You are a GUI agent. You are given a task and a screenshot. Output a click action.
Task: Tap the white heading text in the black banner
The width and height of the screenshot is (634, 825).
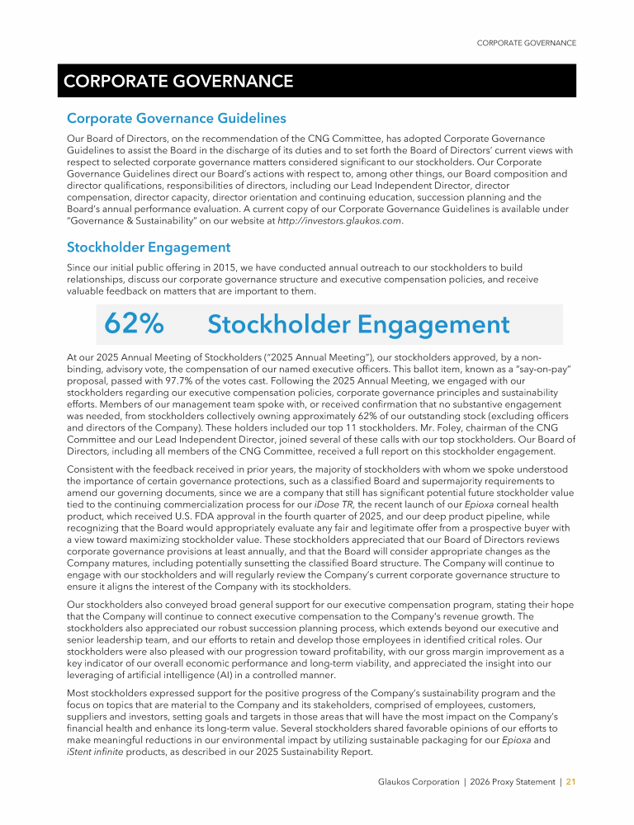click(x=177, y=81)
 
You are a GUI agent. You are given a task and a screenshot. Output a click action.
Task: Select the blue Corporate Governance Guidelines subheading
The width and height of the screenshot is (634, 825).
click(x=176, y=119)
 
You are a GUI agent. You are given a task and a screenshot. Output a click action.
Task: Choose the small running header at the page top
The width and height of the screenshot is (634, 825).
click(x=527, y=43)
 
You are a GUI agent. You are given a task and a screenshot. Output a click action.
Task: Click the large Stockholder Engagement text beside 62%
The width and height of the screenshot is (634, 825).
click(x=358, y=325)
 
